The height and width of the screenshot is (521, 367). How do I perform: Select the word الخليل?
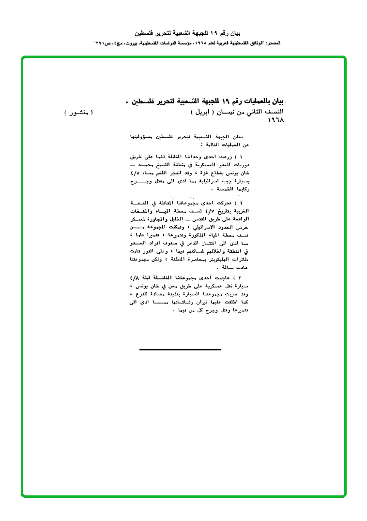pyautogui.click(x=174, y=218)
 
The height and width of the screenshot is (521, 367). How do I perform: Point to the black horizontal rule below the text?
pyautogui.click(x=180, y=348)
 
